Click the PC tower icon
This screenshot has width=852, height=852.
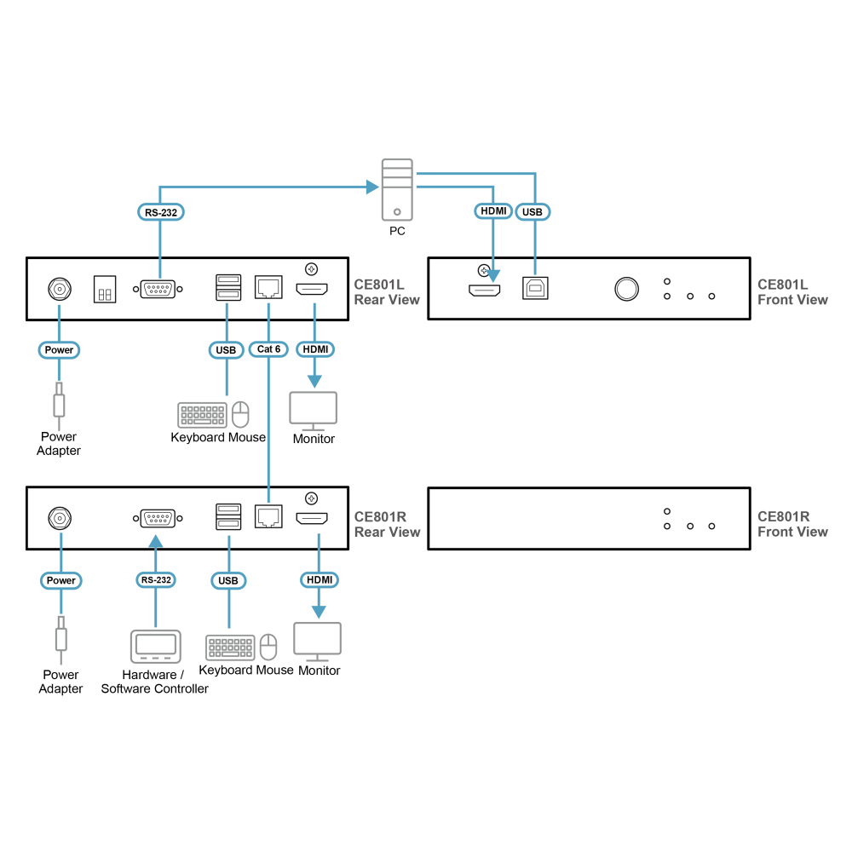[397, 190]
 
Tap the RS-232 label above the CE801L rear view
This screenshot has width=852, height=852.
[161, 212]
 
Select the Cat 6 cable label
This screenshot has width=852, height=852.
[268, 348]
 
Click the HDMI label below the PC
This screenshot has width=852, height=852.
[493, 210]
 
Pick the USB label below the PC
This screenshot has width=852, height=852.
[532, 212]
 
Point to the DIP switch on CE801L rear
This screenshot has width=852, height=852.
[105, 289]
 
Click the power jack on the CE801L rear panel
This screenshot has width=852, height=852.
[60, 289]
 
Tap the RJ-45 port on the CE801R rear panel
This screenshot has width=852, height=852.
[268, 516]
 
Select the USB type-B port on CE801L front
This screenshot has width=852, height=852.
[535, 288]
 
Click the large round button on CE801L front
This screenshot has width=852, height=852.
[626, 289]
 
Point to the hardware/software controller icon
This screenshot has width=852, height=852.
[155, 647]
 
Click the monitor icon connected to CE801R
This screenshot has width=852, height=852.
[317, 642]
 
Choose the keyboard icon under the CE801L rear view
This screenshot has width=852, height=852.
[202, 415]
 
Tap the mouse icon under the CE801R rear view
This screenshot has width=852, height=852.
[268, 647]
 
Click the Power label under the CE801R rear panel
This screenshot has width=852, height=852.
[60, 580]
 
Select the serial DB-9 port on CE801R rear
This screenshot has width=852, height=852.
[158, 518]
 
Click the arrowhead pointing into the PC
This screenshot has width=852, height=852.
[373, 187]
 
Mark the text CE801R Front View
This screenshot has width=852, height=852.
[792, 524]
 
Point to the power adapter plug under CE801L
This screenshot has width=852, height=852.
[59, 406]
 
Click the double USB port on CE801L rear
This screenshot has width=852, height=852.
[228, 287]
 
